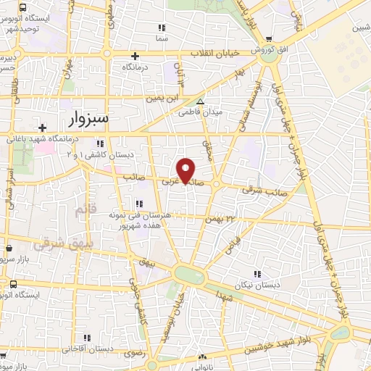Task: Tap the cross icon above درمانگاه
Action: (x=135, y=56)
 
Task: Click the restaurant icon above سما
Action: (x=161, y=28)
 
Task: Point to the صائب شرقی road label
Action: (x=259, y=191)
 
